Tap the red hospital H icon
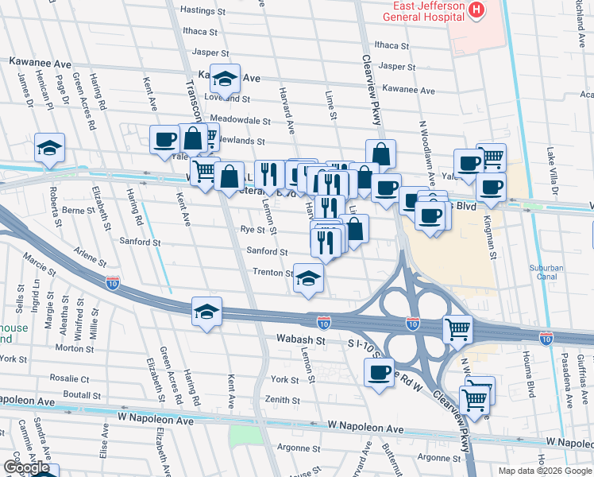[476, 10]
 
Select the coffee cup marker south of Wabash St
[379, 373]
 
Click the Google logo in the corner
[27, 467]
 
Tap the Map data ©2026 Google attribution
[545, 471]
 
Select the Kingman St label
[492, 242]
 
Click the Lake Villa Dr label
[549, 170]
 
